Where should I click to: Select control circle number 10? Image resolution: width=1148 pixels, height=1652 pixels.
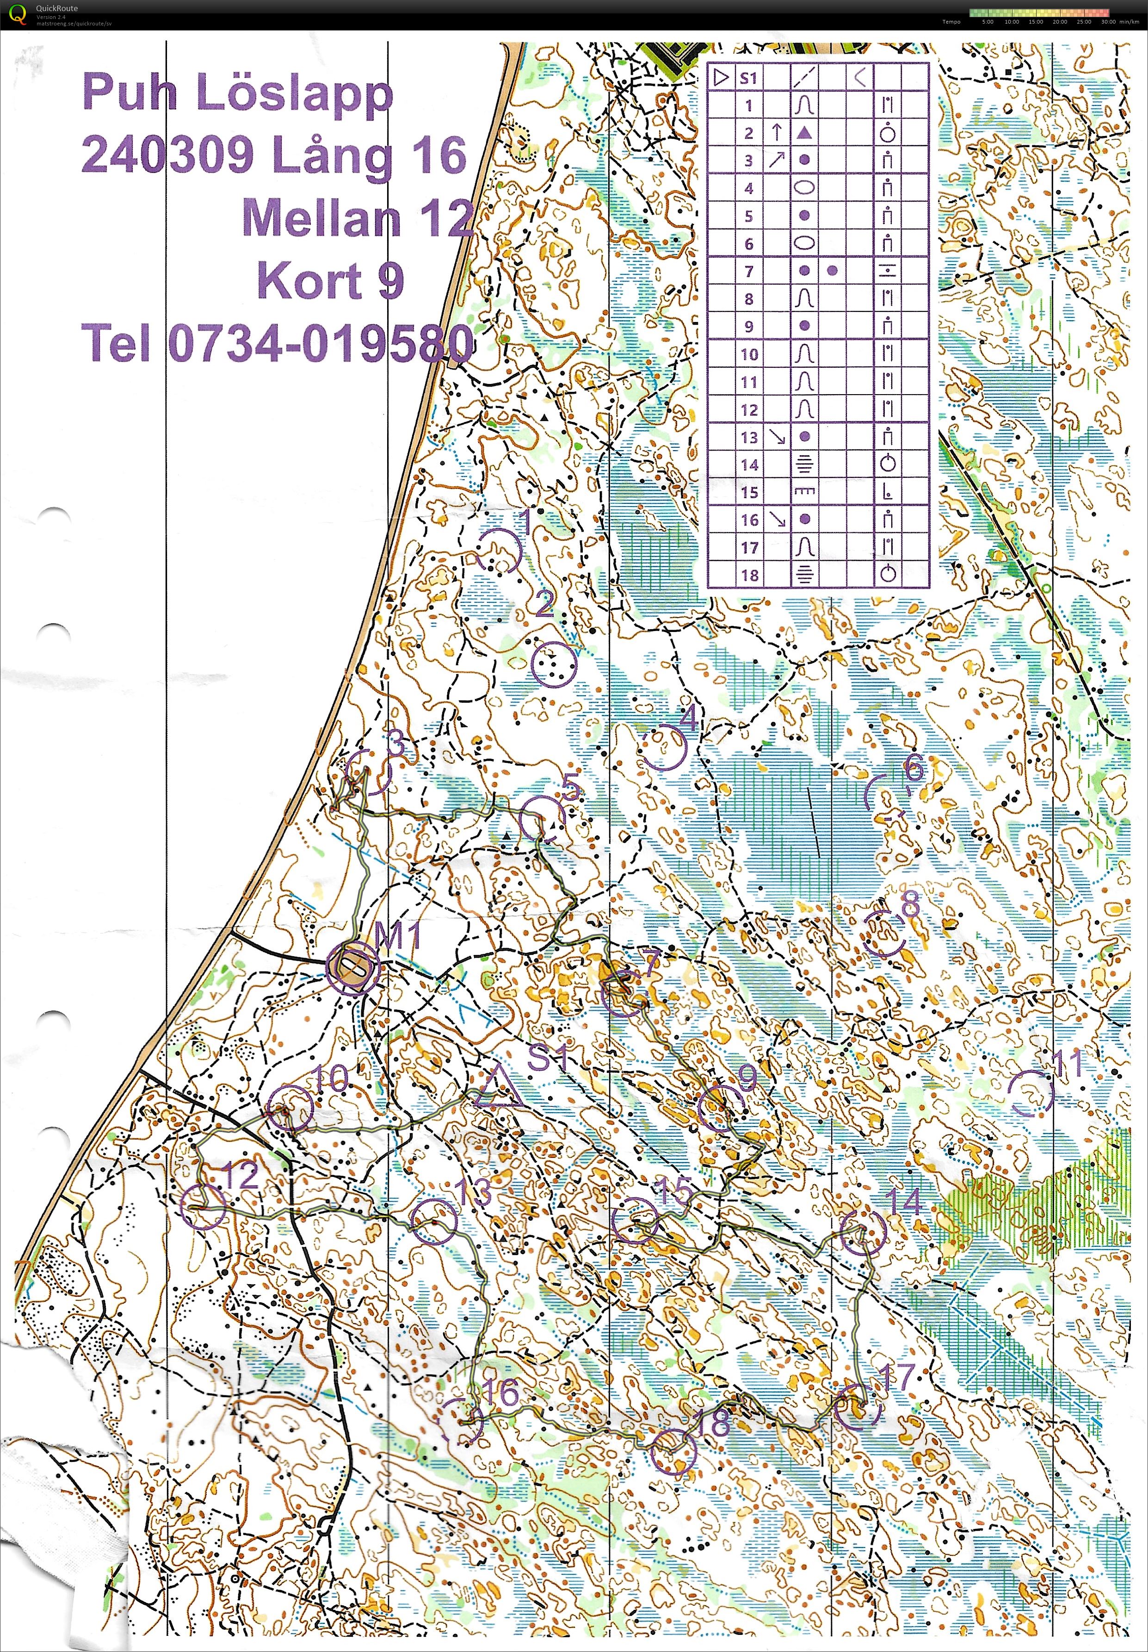pos(290,1108)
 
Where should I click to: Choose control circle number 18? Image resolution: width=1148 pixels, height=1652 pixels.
pos(673,1451)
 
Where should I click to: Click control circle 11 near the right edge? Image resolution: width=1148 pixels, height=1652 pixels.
pos(1032,1092)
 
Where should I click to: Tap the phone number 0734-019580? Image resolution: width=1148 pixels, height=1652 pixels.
pos(321,343)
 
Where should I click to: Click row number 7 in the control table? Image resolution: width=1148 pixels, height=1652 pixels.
pos(749,271)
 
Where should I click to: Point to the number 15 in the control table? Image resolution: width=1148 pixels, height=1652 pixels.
pos(749,492)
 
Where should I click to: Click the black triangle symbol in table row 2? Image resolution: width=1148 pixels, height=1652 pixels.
pos(805,132)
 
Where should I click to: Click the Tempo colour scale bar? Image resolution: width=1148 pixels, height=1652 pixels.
pos(1039,12)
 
